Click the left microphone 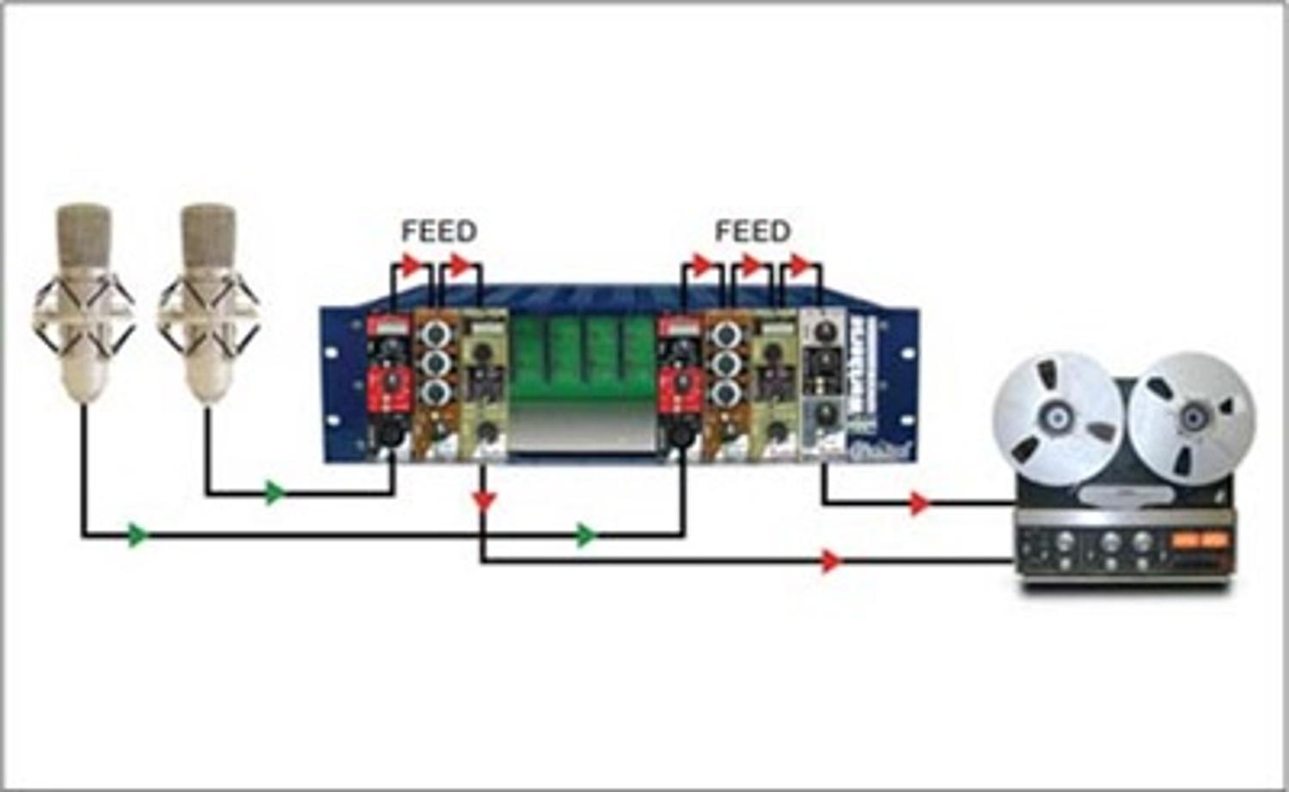point(83,305)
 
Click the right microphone point(207,305)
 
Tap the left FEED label point(439,231)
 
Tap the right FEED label point(753,231)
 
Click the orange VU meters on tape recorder point(1200,541)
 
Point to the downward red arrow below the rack point(485,500)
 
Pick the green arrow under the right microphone point(274,493)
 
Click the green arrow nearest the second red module point(586,535)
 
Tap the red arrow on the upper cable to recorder point(919,503)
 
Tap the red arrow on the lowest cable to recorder point(830,561)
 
